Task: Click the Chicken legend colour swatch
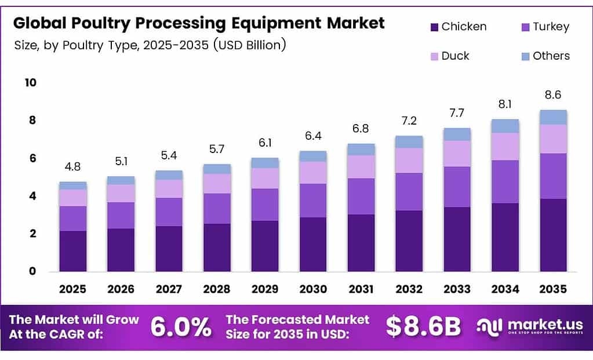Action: (434, 27)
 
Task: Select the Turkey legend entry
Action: (551, 27)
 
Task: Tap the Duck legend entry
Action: (455, 56)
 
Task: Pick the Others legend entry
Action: (551, 56)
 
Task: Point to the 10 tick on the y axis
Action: (30, 82)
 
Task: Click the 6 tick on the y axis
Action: (32, 158)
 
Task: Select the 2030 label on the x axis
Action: (313, 289)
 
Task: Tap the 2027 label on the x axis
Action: (169, 289)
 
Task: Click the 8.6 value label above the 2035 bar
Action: (553, 95)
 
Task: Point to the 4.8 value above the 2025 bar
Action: (72, 167)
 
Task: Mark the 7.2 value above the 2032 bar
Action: (409, 121)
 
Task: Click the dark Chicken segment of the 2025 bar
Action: (72, 251)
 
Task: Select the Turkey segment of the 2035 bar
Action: (553, 176)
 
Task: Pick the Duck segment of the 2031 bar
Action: (361, 167)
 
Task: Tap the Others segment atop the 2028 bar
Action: (217, 169)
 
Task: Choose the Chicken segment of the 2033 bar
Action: (457, 239)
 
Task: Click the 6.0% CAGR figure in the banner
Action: (181, 328)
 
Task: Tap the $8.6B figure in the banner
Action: (423, 328)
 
